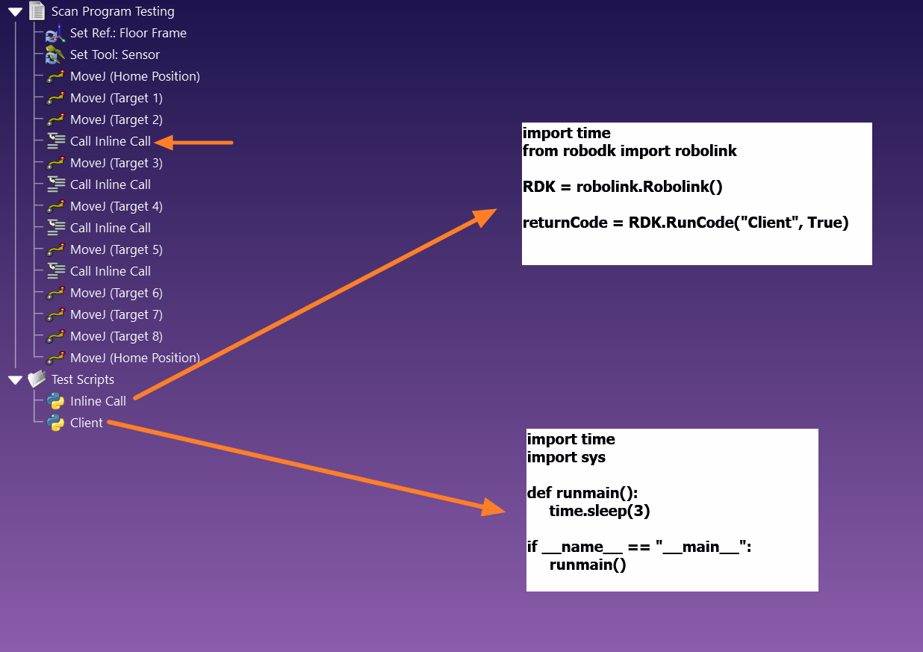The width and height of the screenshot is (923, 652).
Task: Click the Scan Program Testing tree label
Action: (x=113, y=11)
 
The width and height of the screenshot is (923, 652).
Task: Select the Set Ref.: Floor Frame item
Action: (x=128, y=33)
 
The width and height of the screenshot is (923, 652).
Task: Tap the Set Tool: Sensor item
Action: (x=114, y=55)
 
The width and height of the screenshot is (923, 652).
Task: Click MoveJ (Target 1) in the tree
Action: (x=116, y=98)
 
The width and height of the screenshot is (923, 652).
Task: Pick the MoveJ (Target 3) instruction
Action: (x=116, y=163)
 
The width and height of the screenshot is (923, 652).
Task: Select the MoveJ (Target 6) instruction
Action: (x=116, y=293)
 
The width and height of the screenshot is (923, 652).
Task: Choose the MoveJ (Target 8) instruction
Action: (x=116, y=336)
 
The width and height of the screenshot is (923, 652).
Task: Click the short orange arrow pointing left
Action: (x=194, y=142)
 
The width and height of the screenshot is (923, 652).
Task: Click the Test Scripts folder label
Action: (x=82, y=379)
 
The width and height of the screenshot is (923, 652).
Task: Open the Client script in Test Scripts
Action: (x=86, y=423)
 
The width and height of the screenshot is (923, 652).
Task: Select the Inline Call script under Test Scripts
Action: (x=98, y=401)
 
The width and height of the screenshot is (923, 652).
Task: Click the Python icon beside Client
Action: (x=55, y=423)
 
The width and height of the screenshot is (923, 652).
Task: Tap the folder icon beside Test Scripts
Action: (x=37, y=379)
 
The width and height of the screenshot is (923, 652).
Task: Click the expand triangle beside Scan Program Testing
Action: (x=15, y=11)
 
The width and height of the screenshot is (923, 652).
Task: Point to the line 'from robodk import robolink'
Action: (x=630, y=151)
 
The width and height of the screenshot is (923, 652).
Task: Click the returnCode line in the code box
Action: (x=686, y=223)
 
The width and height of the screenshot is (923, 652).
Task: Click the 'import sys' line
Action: (x=566, y=457)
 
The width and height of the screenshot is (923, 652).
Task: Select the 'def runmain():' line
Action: (x=582, y=493)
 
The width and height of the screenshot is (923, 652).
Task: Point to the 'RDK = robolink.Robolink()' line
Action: (x=623, y=187)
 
